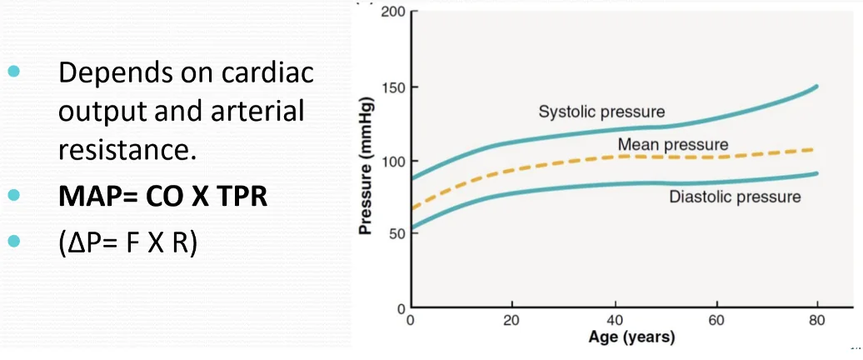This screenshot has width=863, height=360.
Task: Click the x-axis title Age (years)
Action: (x=631, y=337)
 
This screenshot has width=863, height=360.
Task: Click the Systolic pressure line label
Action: (x=601, y=112)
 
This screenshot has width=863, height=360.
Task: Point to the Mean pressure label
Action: (x=673, y=145)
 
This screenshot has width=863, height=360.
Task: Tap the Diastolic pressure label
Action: (x=735, y=197)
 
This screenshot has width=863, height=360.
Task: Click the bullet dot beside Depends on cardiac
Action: (x=14, y=72)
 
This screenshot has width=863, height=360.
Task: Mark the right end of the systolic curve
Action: (x=816, y=86)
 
